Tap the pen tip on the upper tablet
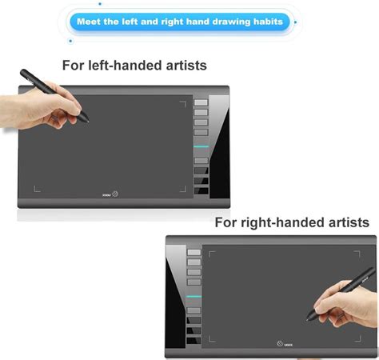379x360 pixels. coord(87,121)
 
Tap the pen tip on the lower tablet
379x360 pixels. coord(308,315)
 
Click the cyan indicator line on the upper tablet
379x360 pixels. coord(201,146)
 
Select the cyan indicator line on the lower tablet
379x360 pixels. coord(193,296)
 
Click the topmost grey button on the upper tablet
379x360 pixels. coord(201,102)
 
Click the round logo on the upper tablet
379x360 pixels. coord(116,193)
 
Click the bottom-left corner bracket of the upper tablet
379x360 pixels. coord(36,190)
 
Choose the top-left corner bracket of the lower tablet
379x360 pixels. coord(213,254)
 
